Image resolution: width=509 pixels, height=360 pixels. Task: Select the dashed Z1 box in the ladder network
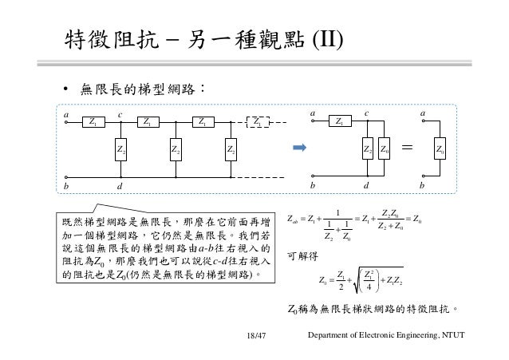click(258, 122)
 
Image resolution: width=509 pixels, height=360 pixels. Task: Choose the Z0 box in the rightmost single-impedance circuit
click(439, 148)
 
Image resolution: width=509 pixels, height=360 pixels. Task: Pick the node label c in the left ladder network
click(120, 114)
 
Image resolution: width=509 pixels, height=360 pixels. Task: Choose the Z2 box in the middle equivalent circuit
click(367, 148)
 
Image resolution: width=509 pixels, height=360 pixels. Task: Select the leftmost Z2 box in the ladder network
click(120, 148)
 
